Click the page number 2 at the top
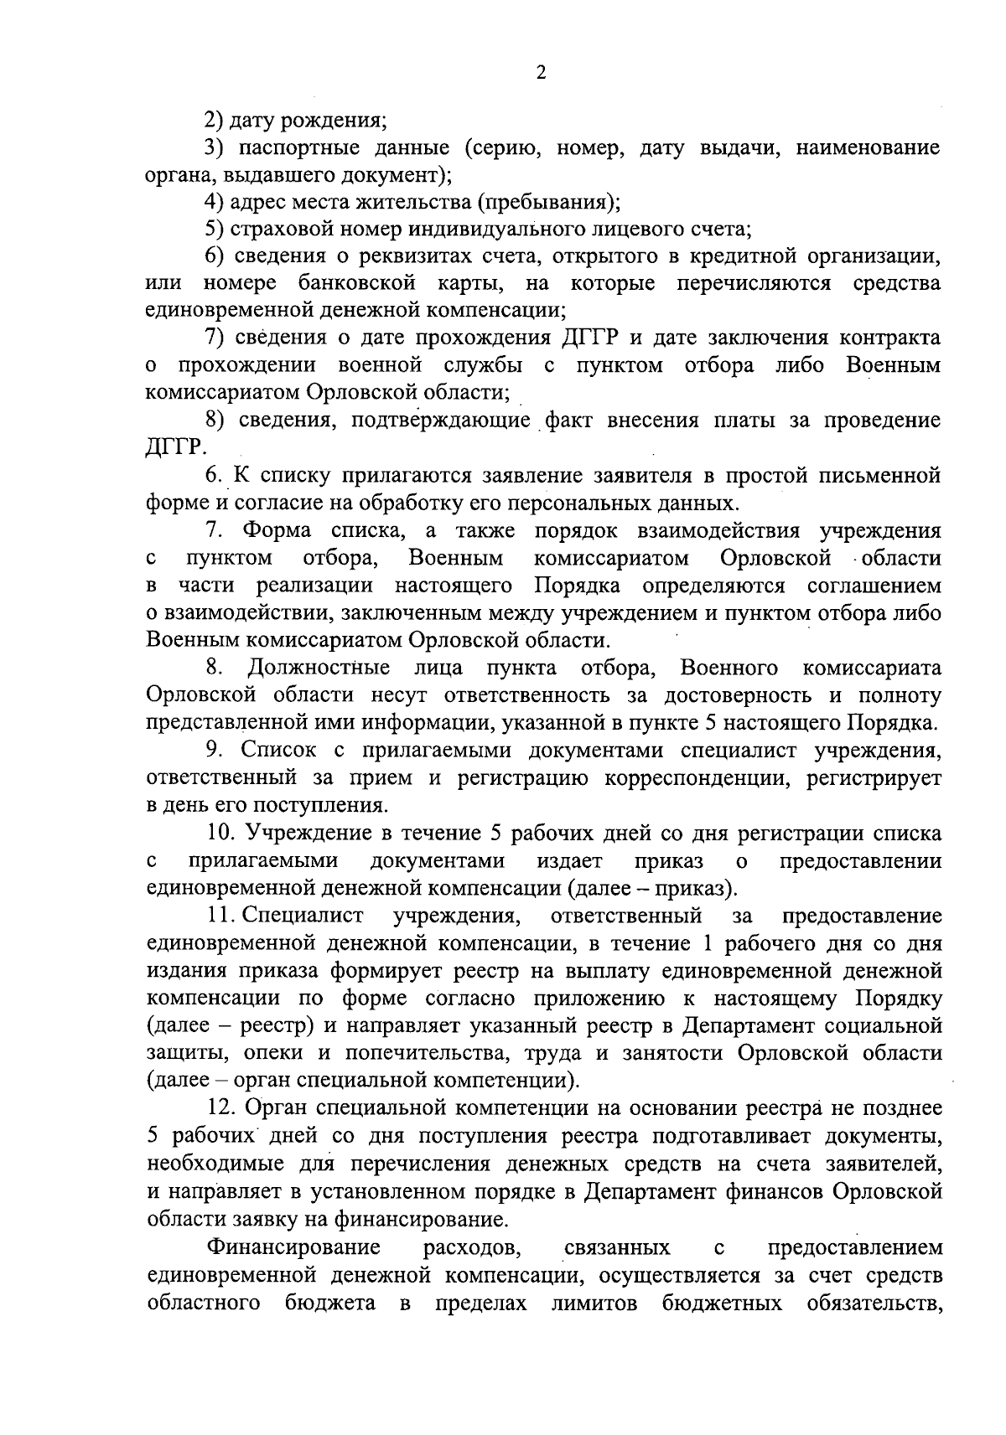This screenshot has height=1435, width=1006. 541,74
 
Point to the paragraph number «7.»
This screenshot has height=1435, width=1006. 214,530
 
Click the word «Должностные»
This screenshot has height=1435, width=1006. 319,668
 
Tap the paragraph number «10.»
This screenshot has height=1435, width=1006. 221,834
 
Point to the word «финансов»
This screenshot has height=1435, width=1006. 779,1190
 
